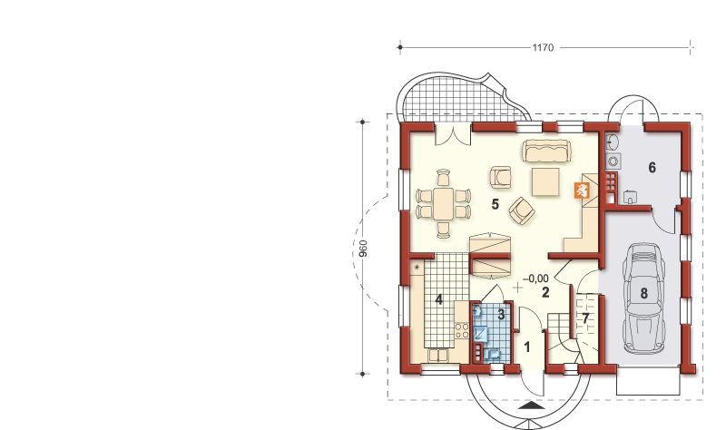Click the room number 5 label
click(x=495, y=204)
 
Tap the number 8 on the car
click(x=643, y=292)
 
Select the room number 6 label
click(x=652, y=167)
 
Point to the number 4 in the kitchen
click(x=438, y=299)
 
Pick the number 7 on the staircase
click(x=586, y=318)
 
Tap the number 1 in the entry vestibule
click(x=527, y=347)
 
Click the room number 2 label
click(x=545, y=292)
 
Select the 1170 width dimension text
click(x=544, y=45)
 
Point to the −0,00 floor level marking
click(x=535, y=279)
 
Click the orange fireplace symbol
click(x=582, y=191)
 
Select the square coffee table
click(x=545, y=181)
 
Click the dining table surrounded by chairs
click(x=443, y=201)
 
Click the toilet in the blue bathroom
click(x=495, y=352)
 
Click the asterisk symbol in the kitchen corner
click(x=417, y=268)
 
